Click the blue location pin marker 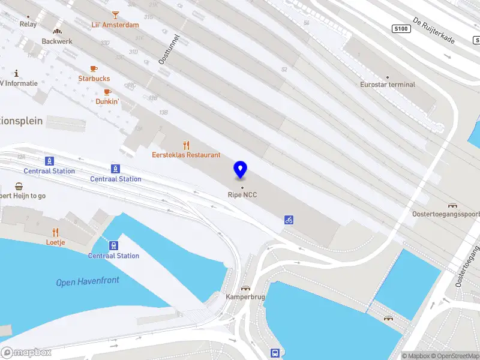coord(241,170)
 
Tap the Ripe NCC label coord(242,194)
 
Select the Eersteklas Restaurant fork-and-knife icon coord(186,145)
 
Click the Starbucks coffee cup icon coord(94,69)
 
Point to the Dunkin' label coord(107,101)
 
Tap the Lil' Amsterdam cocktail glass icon coord(115,14)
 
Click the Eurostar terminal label coord(388,85)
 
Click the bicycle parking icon coord(289,220)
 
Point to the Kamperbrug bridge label coord(245,297)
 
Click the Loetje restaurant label coord(55,242)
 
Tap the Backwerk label coord(56,41)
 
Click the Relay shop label coord(28,25)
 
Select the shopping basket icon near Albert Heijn coord(19,186)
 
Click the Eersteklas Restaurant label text coord(186,155)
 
